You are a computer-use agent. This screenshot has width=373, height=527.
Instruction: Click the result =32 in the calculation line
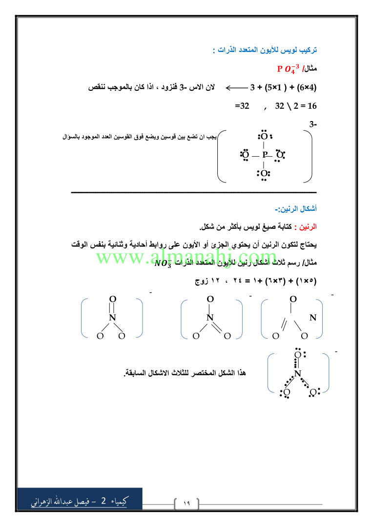pyautogui.click(x=242, y=105)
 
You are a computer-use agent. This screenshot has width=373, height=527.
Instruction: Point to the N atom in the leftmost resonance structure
pyautogui.click(x=112, y=318)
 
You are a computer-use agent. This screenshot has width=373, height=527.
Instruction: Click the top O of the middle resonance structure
pyautogui.click(x=210, y=299)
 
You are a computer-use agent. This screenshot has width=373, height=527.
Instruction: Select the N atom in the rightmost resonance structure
pyautogui.click(x=313, y=318)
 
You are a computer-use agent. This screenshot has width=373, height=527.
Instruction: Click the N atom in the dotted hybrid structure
pyautogui.click(x=298, y=375)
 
